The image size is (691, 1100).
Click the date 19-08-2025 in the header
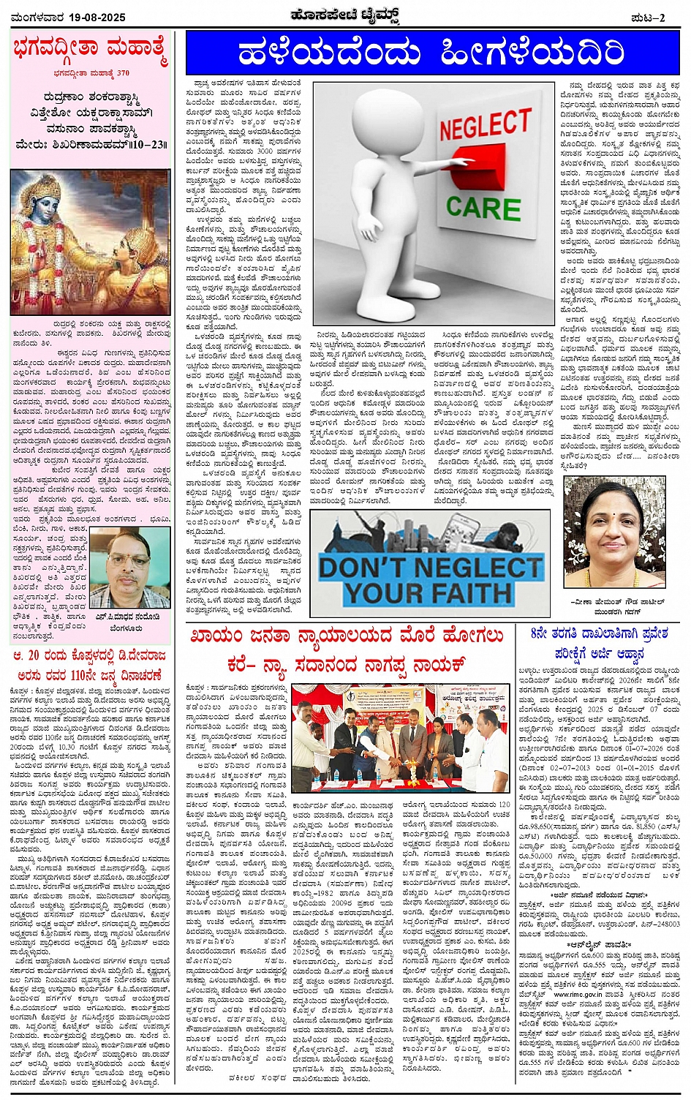click(95, 17)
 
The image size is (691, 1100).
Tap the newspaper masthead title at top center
click(345, 15)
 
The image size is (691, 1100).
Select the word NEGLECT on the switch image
click(485, 125)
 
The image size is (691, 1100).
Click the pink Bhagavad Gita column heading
click(91, 50)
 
